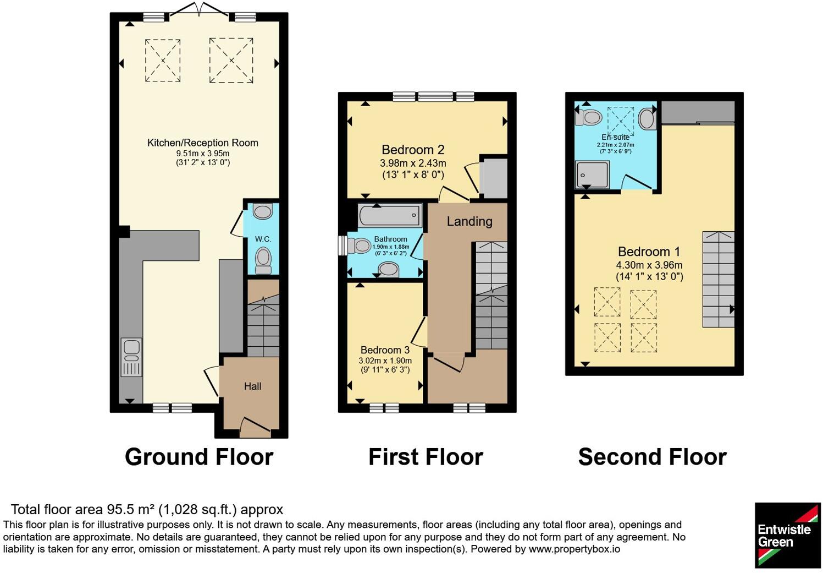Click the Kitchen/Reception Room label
tap(202, 143)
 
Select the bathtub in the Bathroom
tap(390, 215)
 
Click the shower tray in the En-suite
tap(592, 174)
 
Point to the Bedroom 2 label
tap(413, 150)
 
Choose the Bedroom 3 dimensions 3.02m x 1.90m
tap(385, 361)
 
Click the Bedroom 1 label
tap(649, 252)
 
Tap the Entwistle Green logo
tap(787, 536)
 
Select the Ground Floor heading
tap(199, 457)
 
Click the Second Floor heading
tap(653, 457)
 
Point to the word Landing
tap(470, 221)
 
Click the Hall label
tap(253, 386)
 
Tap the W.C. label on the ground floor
tap(263, 239)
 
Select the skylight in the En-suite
tap(621, 121)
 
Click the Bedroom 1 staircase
tap(719, 279)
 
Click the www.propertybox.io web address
tap(575, 549)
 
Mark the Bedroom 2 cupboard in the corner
tap(494, 178)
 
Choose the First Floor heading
tap(426, 457)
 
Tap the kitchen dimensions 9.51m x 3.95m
tap(203, 154)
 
